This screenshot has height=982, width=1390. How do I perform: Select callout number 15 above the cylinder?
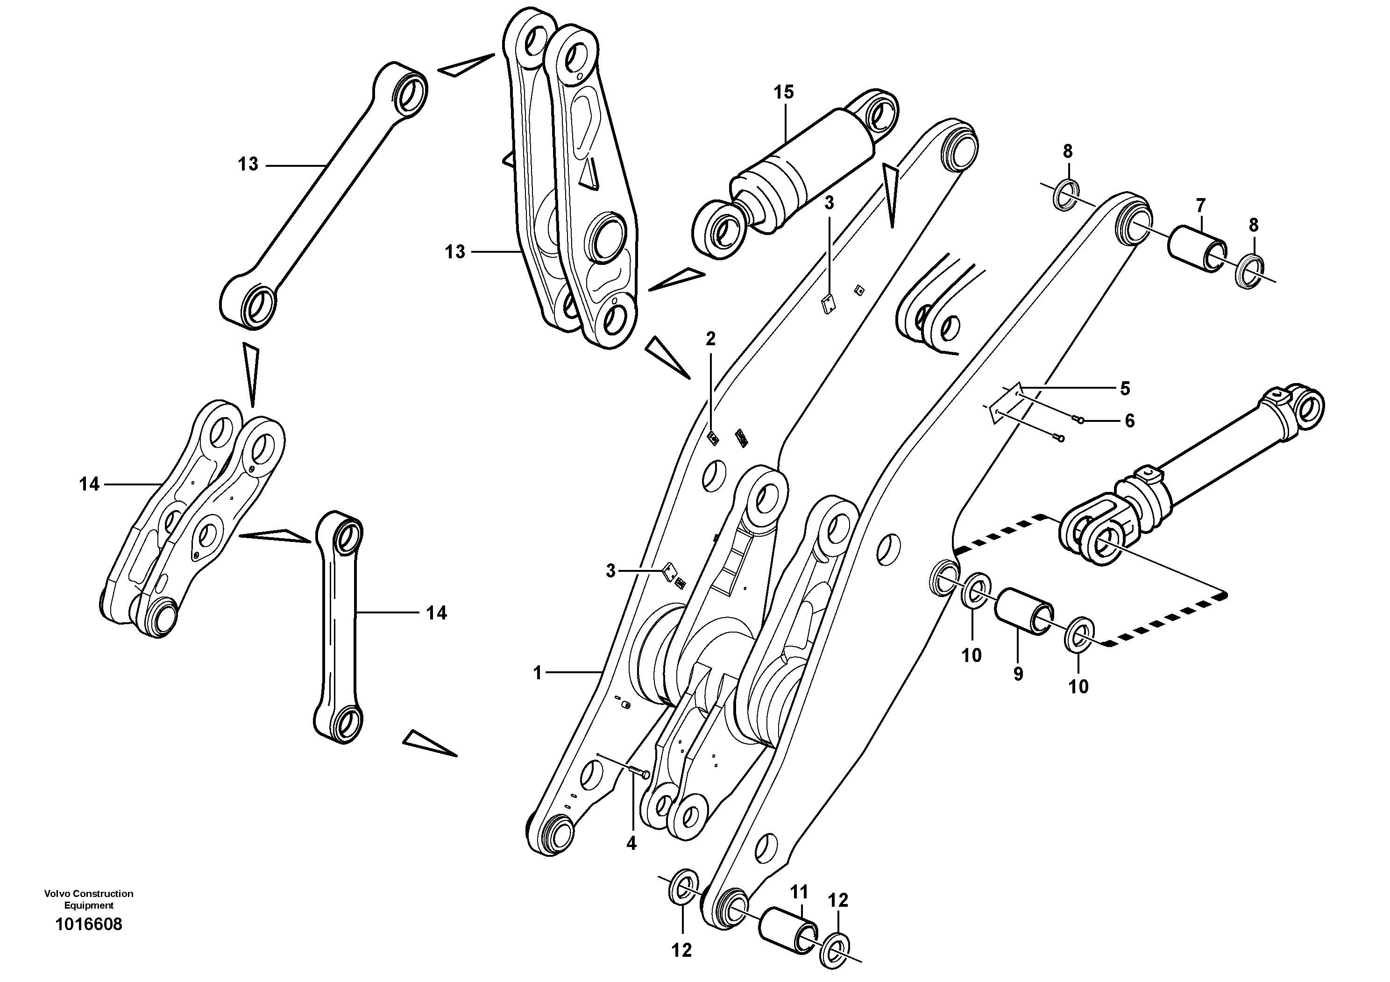click(783, 93)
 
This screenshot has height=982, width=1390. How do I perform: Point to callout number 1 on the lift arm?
click(537, 673)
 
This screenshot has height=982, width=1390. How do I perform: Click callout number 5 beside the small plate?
click(1125, 388)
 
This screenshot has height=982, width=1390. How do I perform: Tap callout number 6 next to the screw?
click(1130, 420)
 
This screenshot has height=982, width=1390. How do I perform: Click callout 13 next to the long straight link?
click(248, 164)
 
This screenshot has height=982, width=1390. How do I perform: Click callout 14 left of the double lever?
click(89, 484)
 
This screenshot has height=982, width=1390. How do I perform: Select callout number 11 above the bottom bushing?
click(799, 892)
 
